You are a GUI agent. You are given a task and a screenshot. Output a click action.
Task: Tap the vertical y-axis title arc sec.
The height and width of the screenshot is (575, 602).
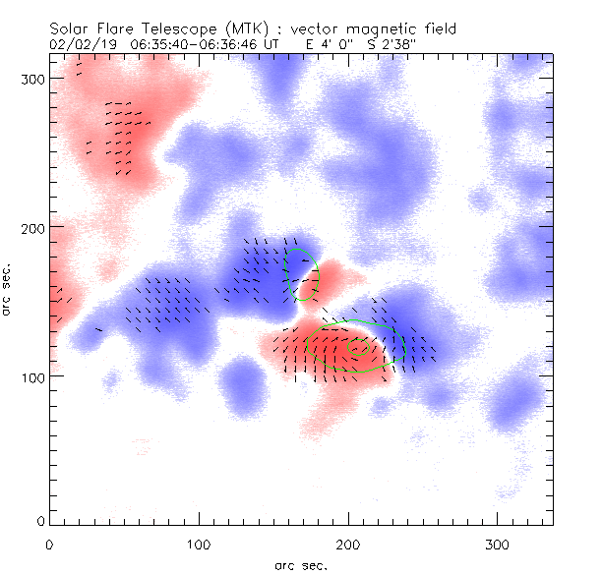click(9, 289)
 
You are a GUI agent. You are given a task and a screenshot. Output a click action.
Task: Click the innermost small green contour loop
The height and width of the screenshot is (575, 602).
click(357, 347)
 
